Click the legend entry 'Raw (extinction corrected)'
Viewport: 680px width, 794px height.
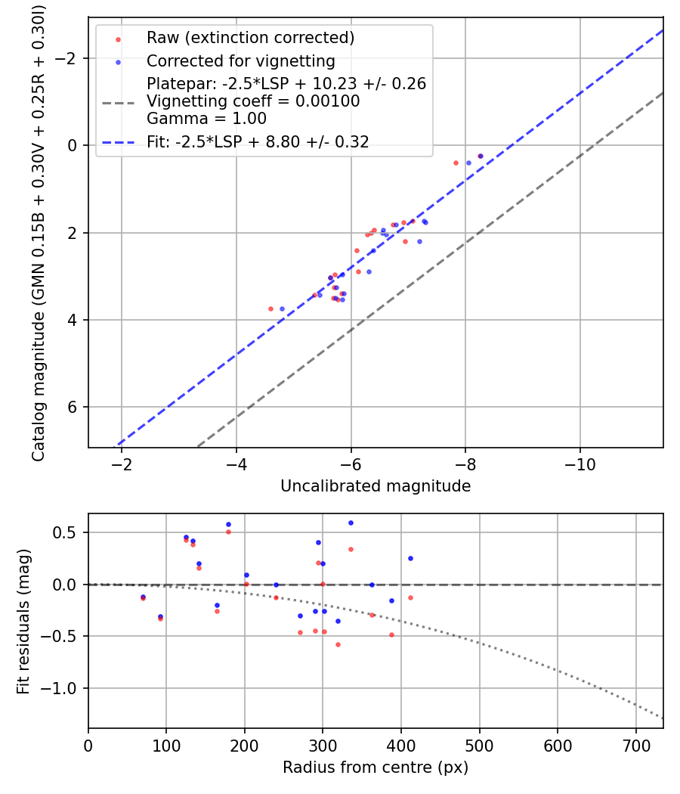(250, 38)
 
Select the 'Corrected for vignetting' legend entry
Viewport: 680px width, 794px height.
(240, 60)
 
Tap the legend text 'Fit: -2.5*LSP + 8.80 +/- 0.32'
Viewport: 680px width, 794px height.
(258, 141)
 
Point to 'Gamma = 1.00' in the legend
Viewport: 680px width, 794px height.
(206, 119)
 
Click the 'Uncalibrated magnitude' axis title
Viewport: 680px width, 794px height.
(376, 486)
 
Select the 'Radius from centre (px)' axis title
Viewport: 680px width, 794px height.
(376, 768)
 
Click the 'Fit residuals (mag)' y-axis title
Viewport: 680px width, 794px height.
(23, 620)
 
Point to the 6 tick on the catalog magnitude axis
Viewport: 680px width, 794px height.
(74, 408)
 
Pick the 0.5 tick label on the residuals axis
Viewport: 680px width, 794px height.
(67, 532)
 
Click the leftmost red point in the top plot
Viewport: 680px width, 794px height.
(270, 309)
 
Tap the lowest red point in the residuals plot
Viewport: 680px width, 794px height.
(338, 644)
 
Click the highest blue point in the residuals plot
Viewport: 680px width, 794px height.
(351, 523)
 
